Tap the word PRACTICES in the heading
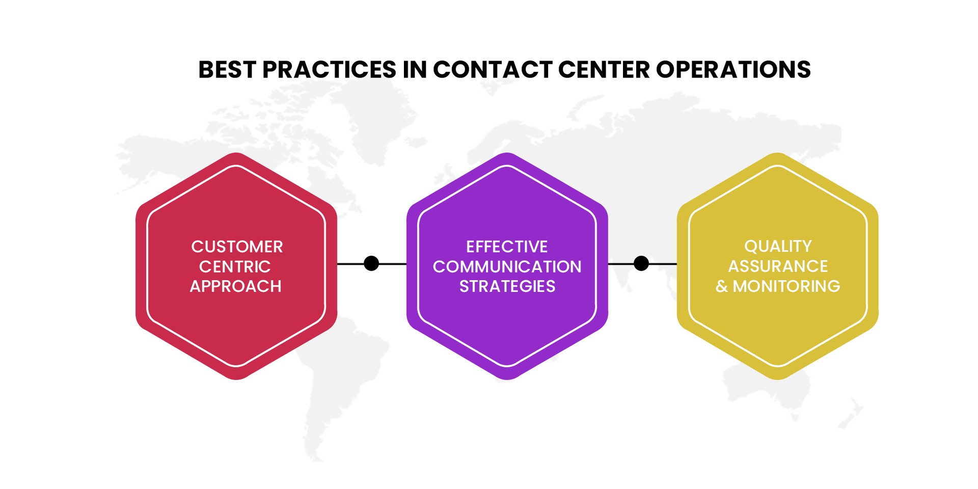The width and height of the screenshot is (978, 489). click(x=329, y=70)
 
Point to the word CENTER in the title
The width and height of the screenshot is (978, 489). click(x=604, y=70)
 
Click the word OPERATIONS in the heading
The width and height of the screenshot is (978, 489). click(x=733, y=70)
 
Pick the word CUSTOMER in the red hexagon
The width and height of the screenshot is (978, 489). click(x=237, y=247)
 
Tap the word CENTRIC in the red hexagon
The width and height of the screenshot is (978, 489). click(x=235, y=267)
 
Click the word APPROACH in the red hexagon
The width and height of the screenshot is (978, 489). click(x=235, y=287)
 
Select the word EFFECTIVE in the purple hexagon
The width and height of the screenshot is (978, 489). click(x=507, y=247)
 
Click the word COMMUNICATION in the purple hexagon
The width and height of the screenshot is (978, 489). click(x=507, y=267)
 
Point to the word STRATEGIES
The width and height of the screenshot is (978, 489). click(x=507, y=287)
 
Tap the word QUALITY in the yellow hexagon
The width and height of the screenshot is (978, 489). click(x=778, y=247)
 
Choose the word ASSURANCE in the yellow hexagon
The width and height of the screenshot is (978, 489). click(x=778, y=266)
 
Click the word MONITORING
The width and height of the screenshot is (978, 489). click(x=786, y=287)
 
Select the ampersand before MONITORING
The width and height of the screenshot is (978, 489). click(x=721, y=287)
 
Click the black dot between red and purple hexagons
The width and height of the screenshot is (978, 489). click(x=371, y=263)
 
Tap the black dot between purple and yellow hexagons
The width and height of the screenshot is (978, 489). click(x=641, y=263)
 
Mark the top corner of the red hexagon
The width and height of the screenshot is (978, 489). click(x=236, y=154)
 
